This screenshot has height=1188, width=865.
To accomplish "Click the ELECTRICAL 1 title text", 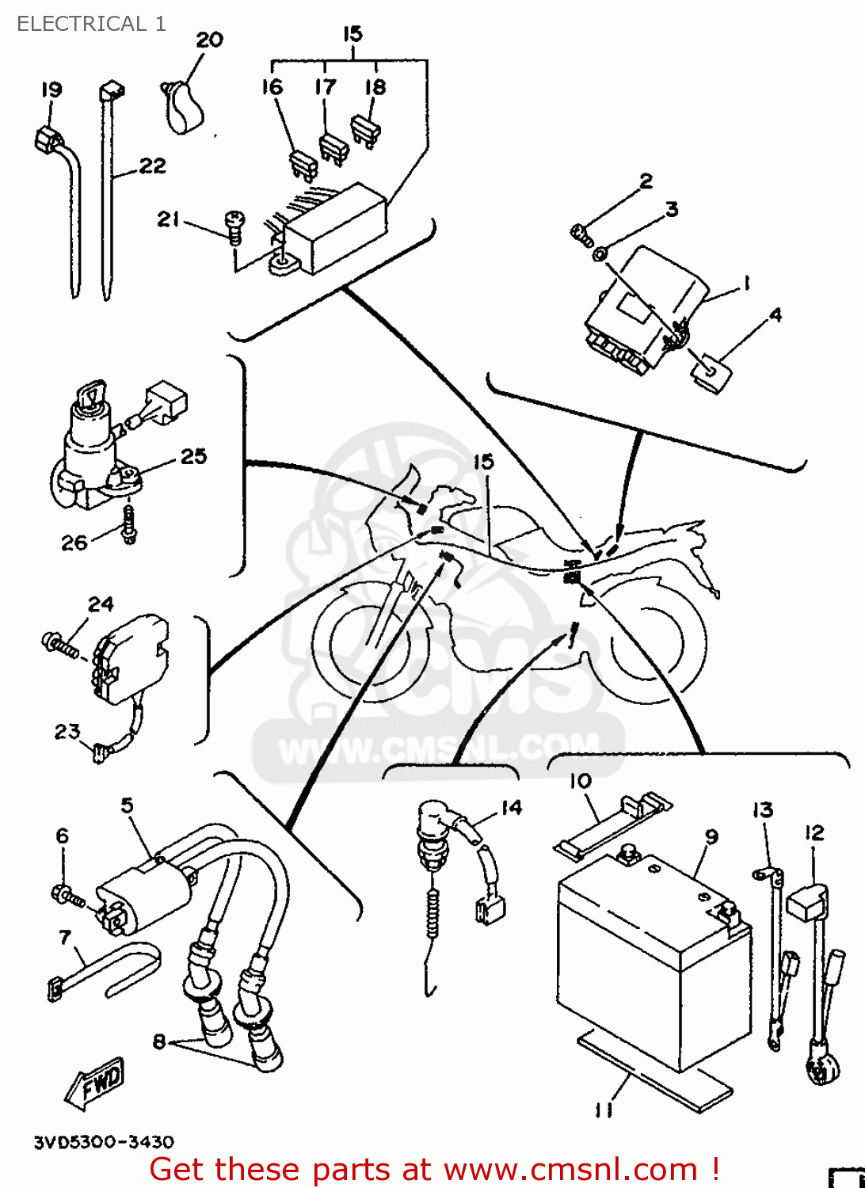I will pos(91,24).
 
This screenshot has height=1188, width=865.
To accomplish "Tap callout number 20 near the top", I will pos(210,40).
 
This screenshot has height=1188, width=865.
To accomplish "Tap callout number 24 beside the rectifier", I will pos(101,604).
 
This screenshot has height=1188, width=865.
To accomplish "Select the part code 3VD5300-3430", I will pos(104,1142).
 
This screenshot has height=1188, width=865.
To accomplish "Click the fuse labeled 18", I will pos(366,130).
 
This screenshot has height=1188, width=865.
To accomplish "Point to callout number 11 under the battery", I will pos(604,1110).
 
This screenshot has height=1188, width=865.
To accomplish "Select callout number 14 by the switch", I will pos(512,807).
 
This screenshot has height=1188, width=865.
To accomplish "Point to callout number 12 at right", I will pos(814,832).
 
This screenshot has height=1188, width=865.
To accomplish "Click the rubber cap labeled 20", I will pos(185,107).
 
